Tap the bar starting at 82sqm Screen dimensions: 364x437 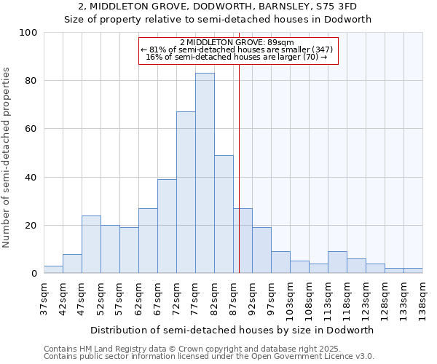pos(224,214)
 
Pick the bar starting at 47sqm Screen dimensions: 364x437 pos(91,245)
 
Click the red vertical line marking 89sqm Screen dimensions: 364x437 pos(239,167)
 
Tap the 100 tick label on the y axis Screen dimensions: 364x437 pos(28,33)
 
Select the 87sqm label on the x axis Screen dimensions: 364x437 pos(233,294)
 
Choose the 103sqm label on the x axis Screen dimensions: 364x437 pos(290,296)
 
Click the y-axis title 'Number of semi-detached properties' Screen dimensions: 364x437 pos(7,157)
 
